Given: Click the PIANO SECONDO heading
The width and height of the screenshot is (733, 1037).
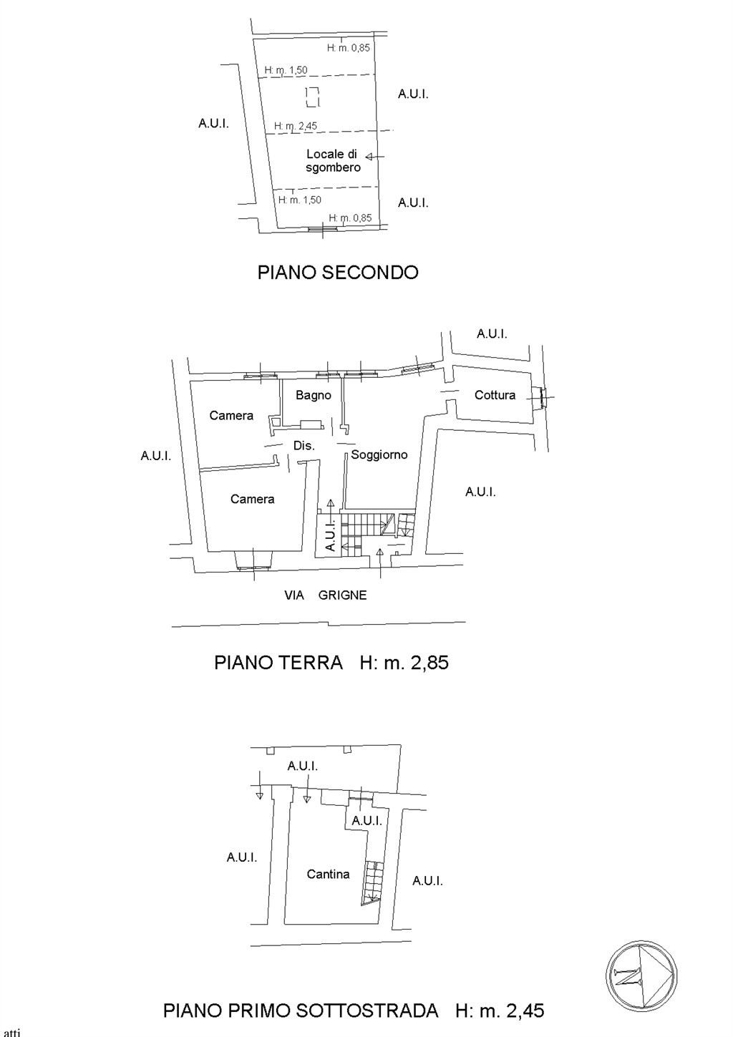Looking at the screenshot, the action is click(338, 272).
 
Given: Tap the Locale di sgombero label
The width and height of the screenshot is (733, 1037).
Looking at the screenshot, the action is click(333, 160).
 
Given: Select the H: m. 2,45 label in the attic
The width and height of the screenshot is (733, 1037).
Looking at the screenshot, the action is click(296, 126).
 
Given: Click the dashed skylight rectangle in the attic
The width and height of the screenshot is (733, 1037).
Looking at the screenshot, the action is click(313, 97).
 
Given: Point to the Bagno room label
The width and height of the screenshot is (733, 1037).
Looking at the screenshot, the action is click(314, 395).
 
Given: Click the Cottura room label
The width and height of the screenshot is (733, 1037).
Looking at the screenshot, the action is click(495, 395).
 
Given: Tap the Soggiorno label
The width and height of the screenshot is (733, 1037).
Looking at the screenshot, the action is click(379, 454).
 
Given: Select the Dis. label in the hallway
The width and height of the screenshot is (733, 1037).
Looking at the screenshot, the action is click(304, 446).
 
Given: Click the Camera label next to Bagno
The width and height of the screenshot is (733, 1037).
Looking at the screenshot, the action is click(231, 415).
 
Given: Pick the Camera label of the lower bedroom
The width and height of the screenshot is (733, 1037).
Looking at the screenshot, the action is click(253, 499).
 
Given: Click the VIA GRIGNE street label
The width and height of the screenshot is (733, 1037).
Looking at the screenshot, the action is click(326, 595).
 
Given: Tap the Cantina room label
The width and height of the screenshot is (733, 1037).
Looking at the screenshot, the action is click(328, 874).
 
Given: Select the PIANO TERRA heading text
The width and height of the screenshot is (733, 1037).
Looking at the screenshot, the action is click(278, 663).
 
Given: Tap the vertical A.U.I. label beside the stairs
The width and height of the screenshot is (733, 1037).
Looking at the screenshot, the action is click(330, 534).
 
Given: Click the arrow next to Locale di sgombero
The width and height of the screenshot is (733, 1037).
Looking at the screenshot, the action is click(374, 157).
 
